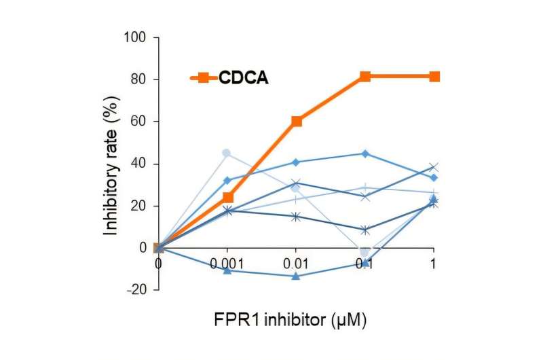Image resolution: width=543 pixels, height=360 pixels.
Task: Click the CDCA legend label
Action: [244, 78]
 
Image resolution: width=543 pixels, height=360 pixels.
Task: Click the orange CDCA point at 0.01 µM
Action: [297, 121]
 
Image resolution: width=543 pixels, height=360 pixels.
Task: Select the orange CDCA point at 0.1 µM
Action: [365, 76]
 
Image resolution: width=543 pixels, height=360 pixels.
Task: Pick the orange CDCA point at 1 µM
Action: [434, 76]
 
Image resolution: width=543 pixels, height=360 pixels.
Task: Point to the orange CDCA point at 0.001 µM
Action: [227, 198]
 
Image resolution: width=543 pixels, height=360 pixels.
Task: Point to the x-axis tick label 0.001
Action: [227, 262]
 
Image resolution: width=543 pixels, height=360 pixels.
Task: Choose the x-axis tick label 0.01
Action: [297, 262]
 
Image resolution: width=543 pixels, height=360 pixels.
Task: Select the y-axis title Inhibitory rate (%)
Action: [111, 164]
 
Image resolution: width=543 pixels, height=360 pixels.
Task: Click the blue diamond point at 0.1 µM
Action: [365, 154]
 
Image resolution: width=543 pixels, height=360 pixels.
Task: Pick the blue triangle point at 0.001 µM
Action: [227, 270]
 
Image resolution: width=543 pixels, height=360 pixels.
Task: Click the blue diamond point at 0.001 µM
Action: [227, 181]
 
